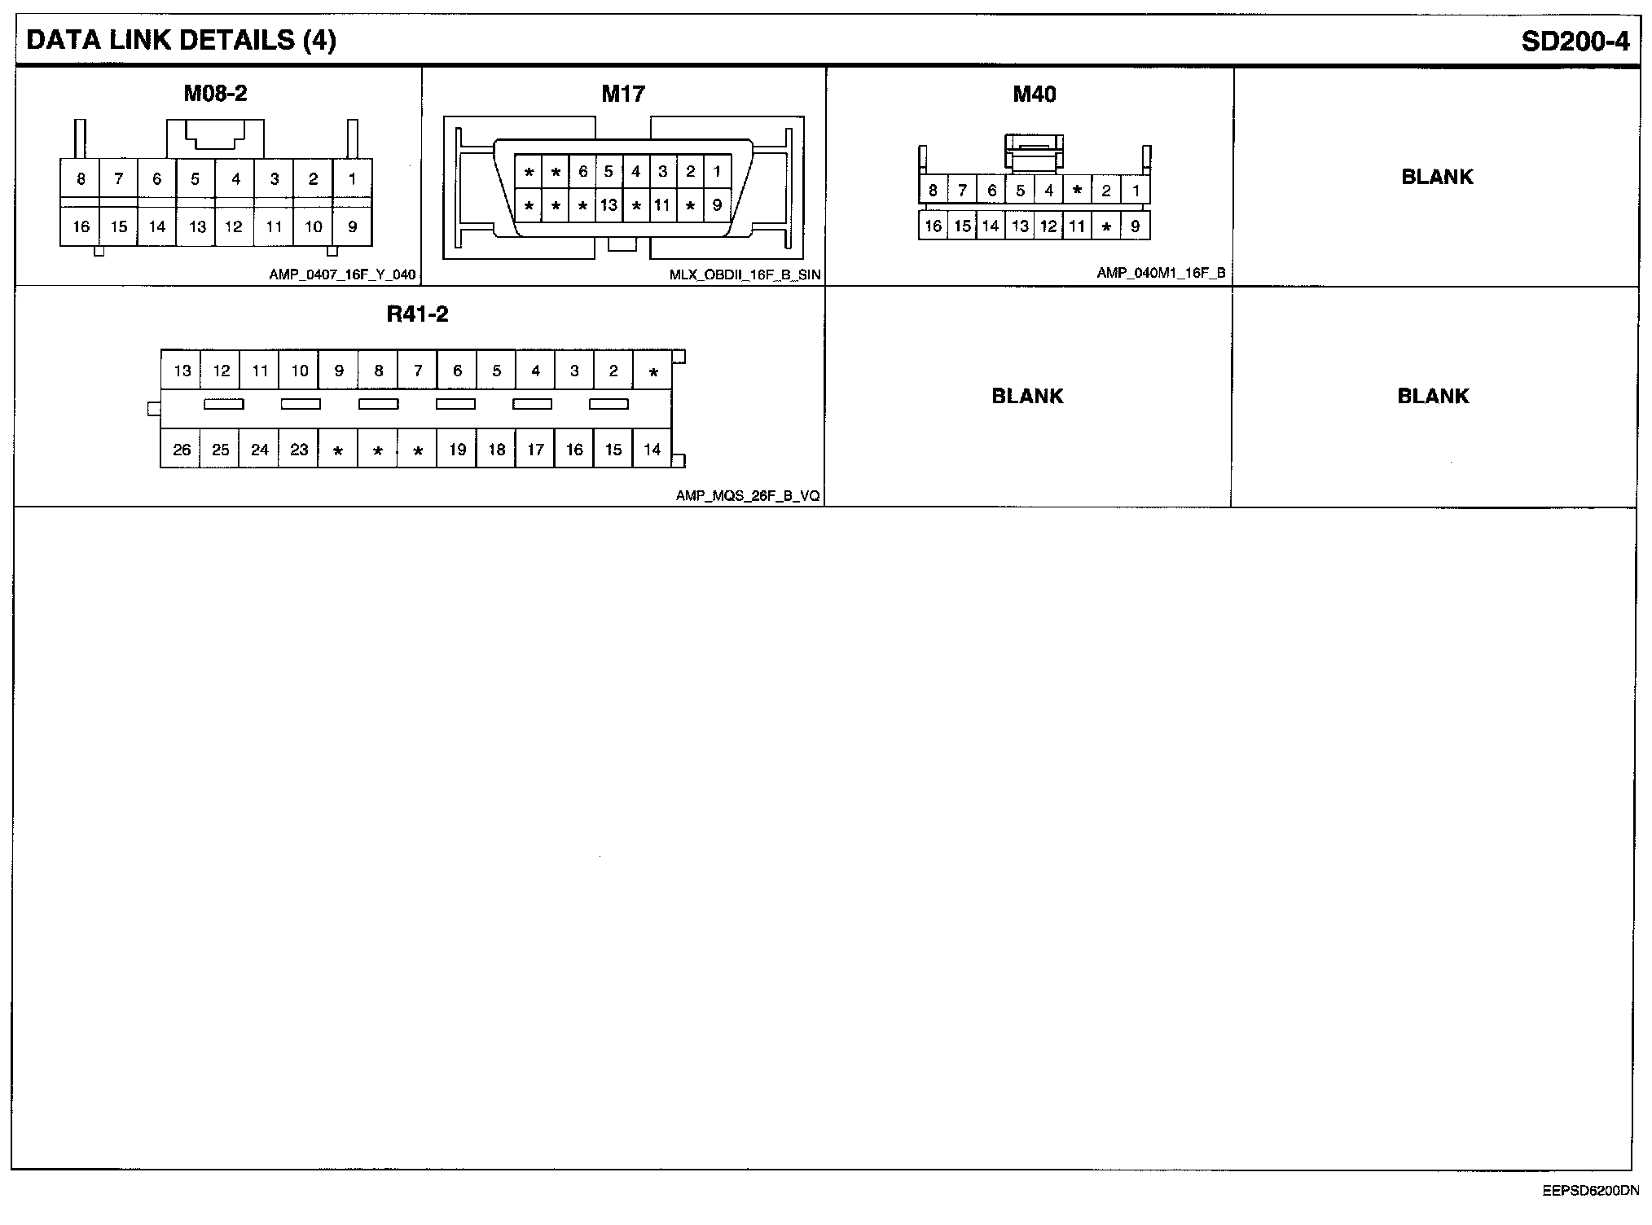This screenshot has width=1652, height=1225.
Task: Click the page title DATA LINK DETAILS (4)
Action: (x=181, y=41)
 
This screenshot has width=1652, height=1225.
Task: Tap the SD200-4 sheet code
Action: (x=1575, y=42)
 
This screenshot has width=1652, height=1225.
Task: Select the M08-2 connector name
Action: (x=215, y=94)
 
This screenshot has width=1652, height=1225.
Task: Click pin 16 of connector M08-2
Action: (x=81, y=226)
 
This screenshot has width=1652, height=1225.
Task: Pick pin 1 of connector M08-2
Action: (x=352, y=178)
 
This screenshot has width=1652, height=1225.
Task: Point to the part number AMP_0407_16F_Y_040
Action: (x=342, y=274)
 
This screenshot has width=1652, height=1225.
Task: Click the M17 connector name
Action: (x=623, y=94)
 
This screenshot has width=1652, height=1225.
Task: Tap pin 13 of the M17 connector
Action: (x=609, y=205)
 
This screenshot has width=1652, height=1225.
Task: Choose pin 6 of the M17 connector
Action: (x=582, y=172)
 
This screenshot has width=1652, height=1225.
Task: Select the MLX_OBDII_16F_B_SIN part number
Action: (x=745, y=274)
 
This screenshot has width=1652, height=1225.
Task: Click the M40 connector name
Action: (x=1034, y=94)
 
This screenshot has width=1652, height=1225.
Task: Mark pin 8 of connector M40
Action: (x=933, y=191)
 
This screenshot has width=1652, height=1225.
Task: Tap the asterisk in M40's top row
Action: (x=1077, y=191)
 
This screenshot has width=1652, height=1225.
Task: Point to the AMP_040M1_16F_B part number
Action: (x=1160, y=274)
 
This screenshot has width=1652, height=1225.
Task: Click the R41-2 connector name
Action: (x=417, y=314)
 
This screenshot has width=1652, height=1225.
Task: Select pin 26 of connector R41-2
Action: (x=182, y=450)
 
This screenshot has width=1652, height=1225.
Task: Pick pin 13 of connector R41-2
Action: (x=182, y=371)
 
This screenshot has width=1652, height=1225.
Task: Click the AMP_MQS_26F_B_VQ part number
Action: (x=747, y=495)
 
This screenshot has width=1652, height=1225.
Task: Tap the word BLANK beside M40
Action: (x=1437, y=177)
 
